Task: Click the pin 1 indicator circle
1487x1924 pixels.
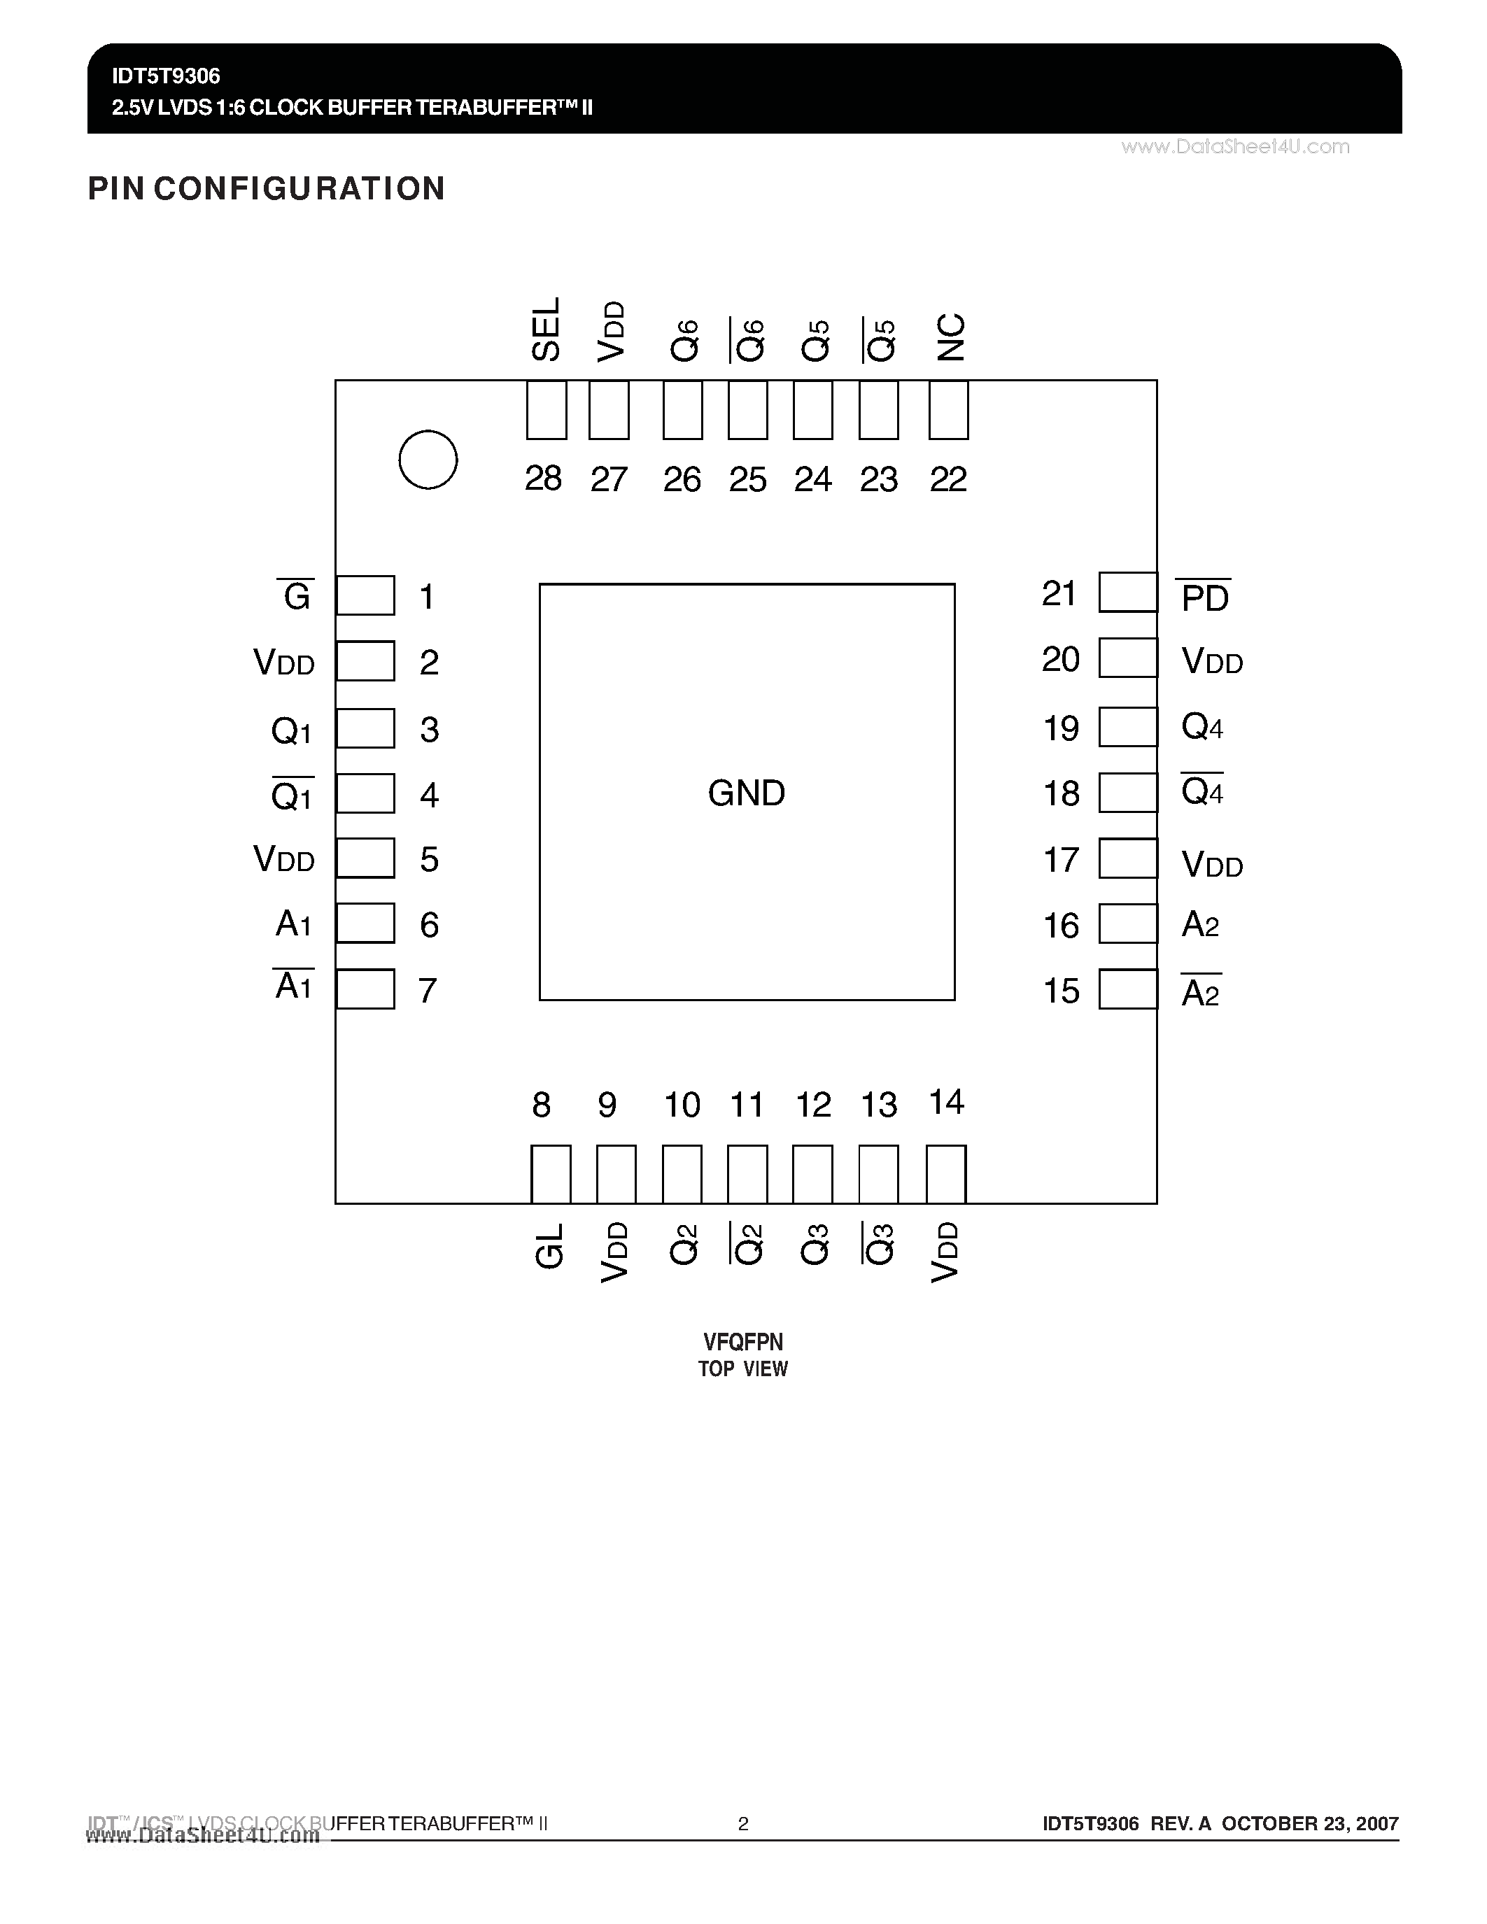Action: (x=428, y=460)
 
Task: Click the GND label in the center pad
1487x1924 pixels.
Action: (x=746, y=793)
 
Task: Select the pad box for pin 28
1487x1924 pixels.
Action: (x=547, y=410)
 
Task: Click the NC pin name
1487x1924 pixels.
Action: (x=950, y=337)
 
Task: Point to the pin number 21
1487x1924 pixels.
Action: (x=1059, y=594)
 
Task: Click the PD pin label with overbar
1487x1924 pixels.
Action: (x=1204, y=597)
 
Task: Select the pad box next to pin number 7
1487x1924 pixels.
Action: (x=365, y=989)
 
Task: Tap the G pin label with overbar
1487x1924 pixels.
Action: (x=296, y=596)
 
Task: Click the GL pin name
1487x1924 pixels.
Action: (x=549, y=1245)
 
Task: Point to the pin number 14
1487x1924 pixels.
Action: (x=947, y=1102)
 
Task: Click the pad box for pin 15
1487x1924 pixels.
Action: (x=1127, y=989)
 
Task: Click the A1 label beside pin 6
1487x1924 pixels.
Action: (x=293, y=924)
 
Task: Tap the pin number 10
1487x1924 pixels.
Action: (x=682, y=1105)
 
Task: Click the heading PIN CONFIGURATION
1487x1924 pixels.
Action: (x=266, y=188)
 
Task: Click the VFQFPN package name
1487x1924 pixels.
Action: (x=742, y=1342)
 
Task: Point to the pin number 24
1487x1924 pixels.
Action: (x=812, y=479)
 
